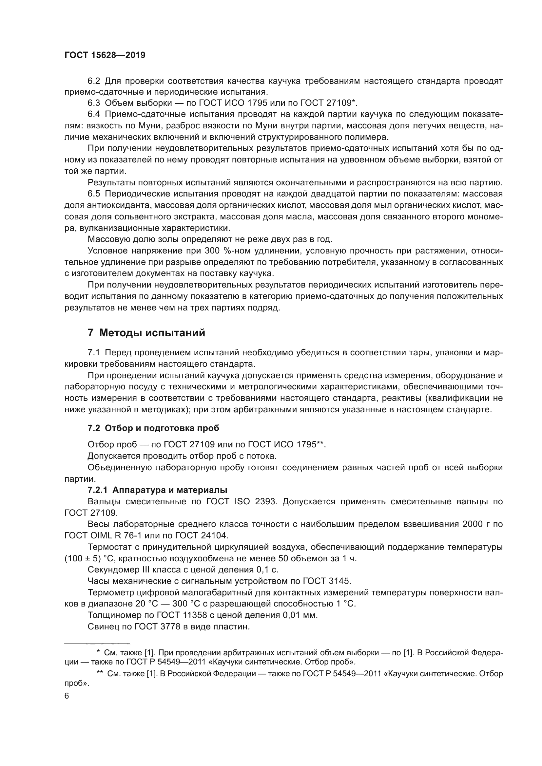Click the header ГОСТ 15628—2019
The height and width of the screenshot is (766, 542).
[105, 55]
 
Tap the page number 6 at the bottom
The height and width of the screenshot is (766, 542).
[67, 696]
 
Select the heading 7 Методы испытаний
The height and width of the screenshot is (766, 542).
[146, 333]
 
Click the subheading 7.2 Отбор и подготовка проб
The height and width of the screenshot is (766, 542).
[153, 428]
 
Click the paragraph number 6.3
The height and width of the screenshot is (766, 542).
[94, 103]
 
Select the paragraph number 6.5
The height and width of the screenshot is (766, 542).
[94, 194]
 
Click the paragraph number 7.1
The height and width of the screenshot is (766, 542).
[94, 353]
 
